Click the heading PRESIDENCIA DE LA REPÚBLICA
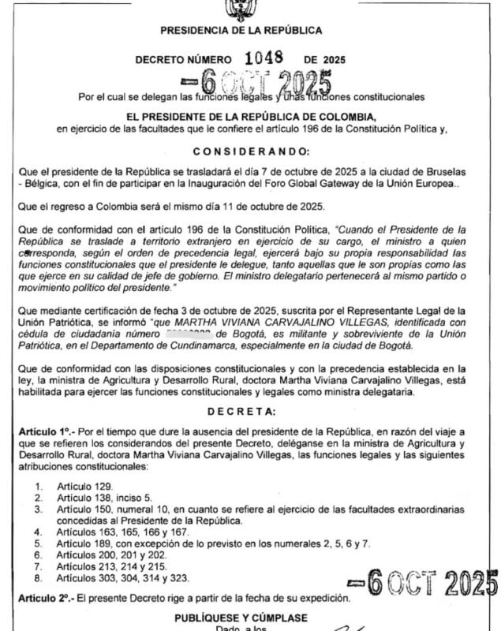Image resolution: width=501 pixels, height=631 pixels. pos(241,31)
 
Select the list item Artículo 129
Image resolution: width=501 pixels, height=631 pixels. pos(86,487)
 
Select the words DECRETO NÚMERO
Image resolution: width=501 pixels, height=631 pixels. pos(183,59)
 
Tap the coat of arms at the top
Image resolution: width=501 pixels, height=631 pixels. pos(240,9)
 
